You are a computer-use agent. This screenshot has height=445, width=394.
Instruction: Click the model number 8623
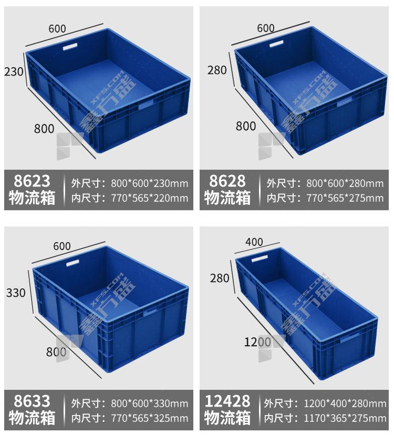32,181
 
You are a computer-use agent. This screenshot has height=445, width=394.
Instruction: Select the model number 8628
227,181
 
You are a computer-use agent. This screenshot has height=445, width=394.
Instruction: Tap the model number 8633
32,401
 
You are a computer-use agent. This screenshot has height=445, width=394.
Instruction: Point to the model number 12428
227,401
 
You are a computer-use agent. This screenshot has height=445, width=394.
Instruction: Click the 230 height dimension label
14,71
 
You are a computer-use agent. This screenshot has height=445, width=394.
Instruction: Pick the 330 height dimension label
16,293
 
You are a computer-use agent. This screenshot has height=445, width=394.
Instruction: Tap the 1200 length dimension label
257,342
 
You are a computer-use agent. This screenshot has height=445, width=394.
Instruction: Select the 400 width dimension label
254,242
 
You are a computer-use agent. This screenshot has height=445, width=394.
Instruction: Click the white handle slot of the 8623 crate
70,47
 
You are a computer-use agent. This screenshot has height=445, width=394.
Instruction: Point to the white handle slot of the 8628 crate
276,44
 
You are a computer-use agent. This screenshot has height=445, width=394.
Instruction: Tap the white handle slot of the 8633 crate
72,263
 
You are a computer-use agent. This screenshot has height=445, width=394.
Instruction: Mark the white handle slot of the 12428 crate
260,258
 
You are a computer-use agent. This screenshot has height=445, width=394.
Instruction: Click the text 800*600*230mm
149,183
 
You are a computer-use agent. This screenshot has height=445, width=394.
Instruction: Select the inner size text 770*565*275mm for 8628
345,198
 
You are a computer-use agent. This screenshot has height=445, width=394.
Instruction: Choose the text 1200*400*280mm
345,403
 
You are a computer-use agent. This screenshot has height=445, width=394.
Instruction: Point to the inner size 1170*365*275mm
345,418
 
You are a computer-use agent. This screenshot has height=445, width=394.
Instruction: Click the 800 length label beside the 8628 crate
246,126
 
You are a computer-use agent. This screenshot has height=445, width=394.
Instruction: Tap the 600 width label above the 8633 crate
62,246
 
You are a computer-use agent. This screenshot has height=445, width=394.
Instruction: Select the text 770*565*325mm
149,418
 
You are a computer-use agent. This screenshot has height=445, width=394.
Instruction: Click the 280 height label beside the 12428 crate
220,278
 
